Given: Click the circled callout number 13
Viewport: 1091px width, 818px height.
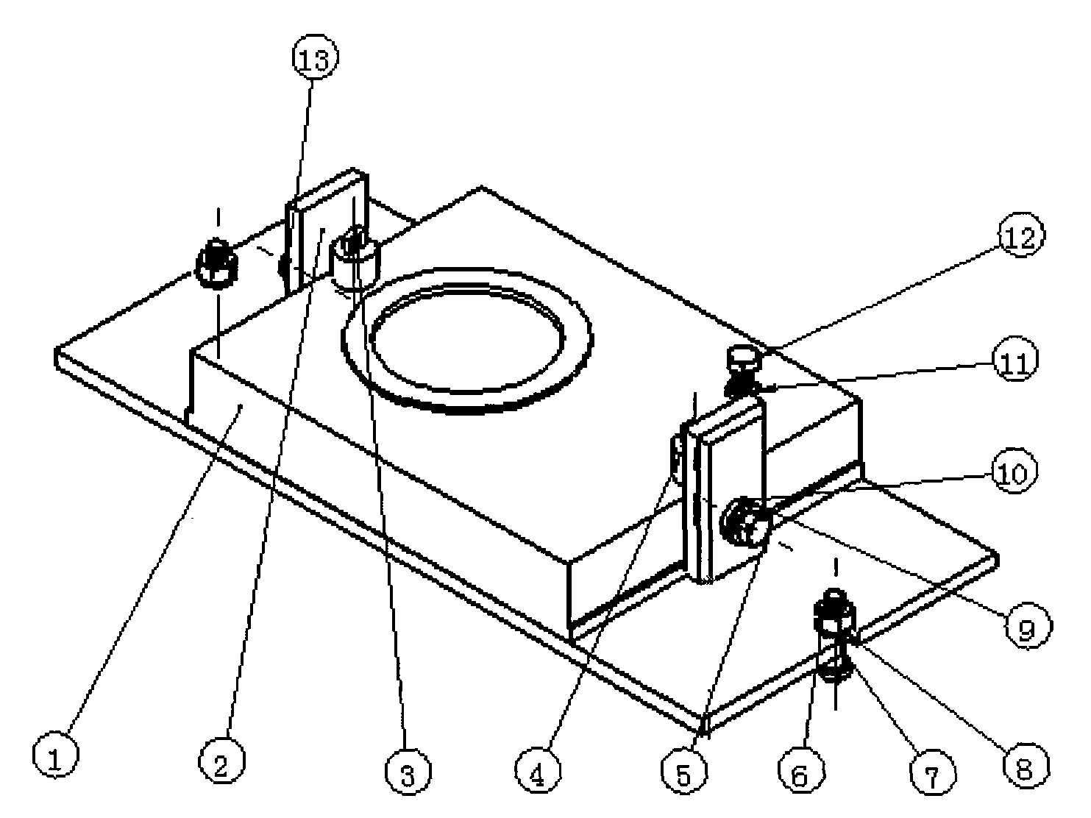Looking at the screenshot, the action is (x=315, y=59).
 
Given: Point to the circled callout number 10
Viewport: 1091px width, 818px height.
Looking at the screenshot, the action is (x=1014, y=472).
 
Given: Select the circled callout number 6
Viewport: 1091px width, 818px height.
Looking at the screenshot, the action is (x=800, y=774).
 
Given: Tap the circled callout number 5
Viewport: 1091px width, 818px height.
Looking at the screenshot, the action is (x=684, y=774).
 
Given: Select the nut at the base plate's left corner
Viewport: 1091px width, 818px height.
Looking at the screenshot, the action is (x=216, y=264).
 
